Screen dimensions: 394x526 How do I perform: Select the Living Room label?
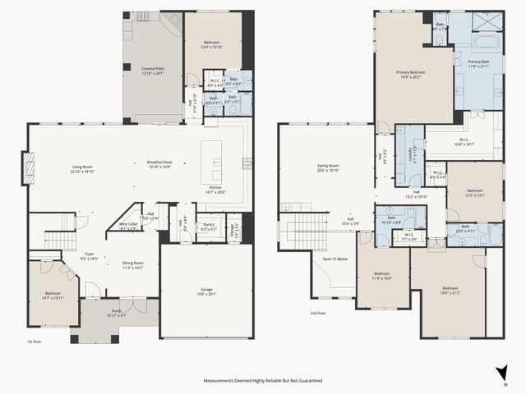(x=81, y=168)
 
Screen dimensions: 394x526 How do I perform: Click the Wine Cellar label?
(x=129, y=224)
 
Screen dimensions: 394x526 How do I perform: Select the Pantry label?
(x=208, y=223)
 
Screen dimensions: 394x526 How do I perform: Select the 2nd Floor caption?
(x=318, y=314)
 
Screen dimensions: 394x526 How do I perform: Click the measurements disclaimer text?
(x=263, y=381)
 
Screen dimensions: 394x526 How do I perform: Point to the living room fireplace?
(x=28, y=170)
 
